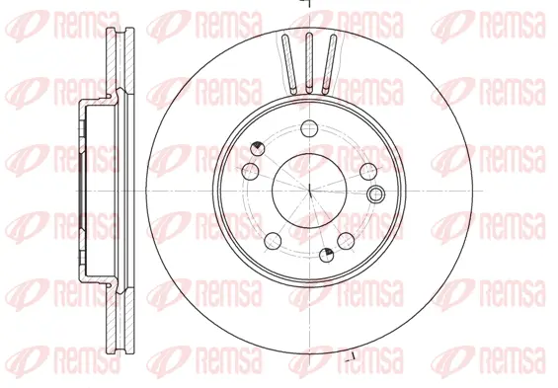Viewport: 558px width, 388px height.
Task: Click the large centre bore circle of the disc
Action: click(307, 188)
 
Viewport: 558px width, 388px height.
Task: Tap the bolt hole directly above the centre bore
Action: click(308, 127)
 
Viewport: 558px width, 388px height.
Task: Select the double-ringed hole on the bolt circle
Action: click(374, 193)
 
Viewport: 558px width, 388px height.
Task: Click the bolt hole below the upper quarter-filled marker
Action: click(250, 171)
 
